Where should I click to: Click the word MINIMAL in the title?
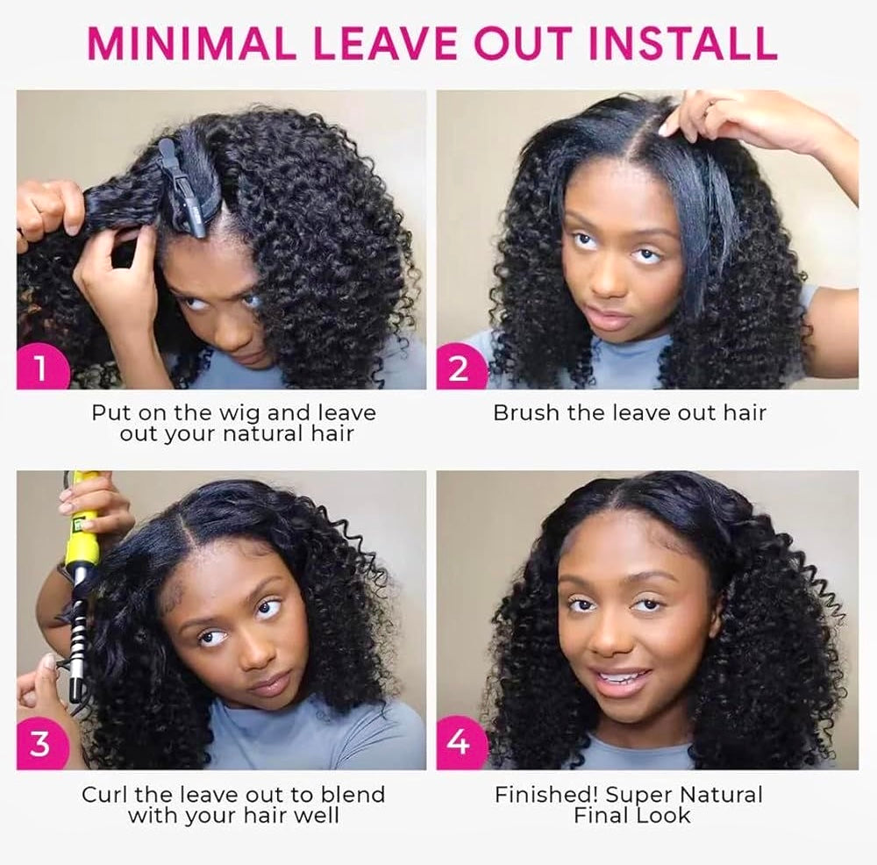pos(186,42)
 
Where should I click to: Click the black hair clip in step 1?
pos(186,189)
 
